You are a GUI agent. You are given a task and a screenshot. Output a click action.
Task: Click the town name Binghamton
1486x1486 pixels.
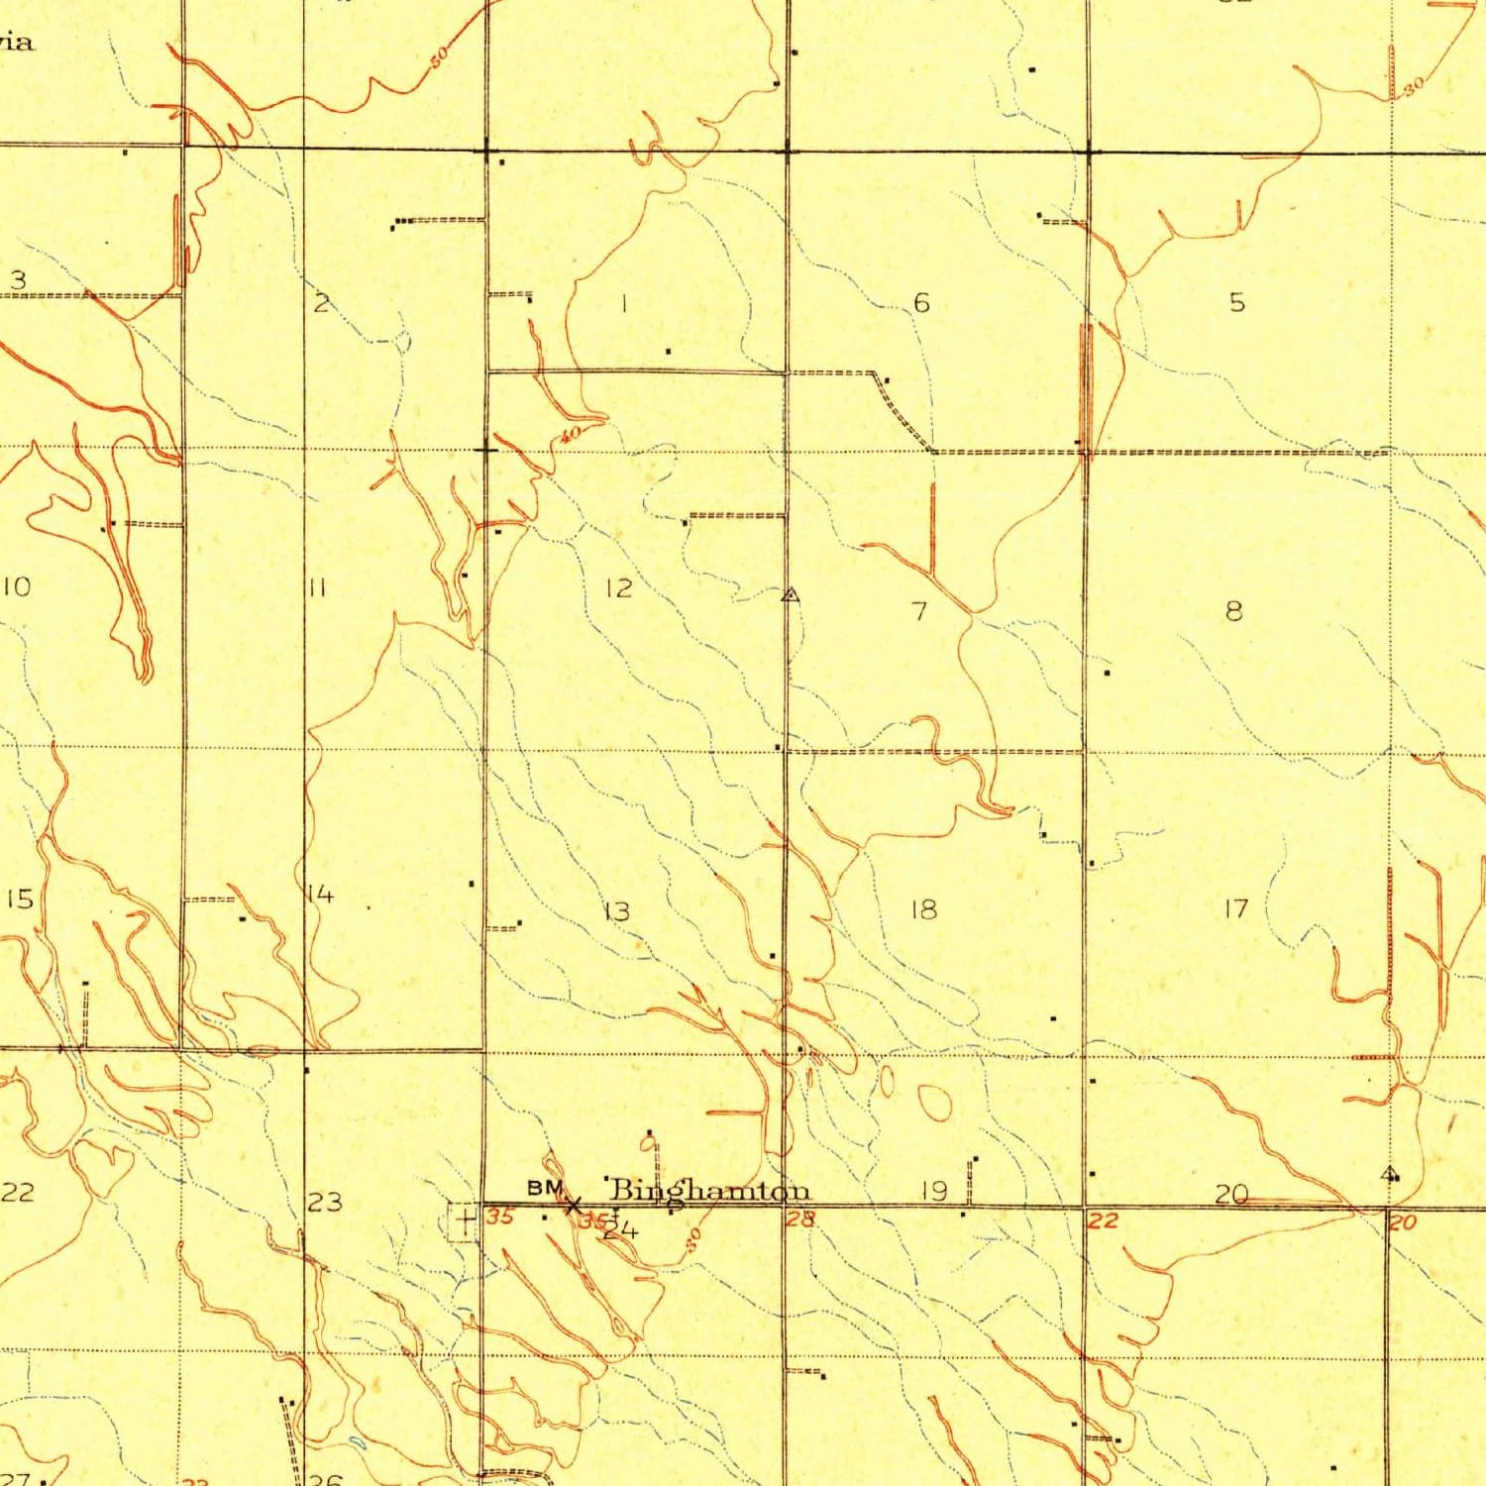(x=709, y=1190)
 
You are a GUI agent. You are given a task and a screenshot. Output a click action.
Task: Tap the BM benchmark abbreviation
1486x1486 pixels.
(x=545, y=1187)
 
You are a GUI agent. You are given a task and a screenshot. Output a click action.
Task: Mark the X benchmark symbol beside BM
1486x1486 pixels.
(x=573, y=1206)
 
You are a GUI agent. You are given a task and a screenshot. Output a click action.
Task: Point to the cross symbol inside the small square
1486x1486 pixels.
(x=464, y=1221)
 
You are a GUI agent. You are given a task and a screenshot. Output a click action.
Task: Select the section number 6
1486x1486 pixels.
(x=921, y=302)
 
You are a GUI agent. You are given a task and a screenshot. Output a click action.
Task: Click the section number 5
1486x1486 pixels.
(x=1236, y=302)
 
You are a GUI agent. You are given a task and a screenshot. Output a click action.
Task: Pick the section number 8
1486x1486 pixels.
(x=1233, y=610)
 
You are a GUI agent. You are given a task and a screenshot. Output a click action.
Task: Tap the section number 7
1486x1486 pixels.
(x=919, y=610)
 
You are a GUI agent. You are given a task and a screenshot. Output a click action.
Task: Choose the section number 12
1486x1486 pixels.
(x=618, y=588)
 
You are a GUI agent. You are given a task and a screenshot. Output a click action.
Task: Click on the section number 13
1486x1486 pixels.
(x=616, y=910)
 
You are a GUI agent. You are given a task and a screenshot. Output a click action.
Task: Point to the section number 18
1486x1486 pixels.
(x=923, y=908)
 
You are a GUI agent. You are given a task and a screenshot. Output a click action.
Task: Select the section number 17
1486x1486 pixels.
(x=1236, y=907)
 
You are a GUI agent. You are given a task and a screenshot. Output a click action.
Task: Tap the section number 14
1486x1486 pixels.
(x=320, y=895)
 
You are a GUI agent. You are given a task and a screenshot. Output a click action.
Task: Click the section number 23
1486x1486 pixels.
(x=324, y=1202)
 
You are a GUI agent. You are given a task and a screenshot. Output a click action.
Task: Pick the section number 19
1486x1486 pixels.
(x=934, y=1190)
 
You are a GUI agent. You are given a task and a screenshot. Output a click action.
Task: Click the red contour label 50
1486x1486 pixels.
(x=440, y=56)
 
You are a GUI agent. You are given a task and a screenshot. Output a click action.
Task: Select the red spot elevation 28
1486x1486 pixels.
(x=799, y=1220)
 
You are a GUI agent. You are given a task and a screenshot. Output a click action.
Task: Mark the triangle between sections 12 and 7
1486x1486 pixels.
(x=790, y=595)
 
